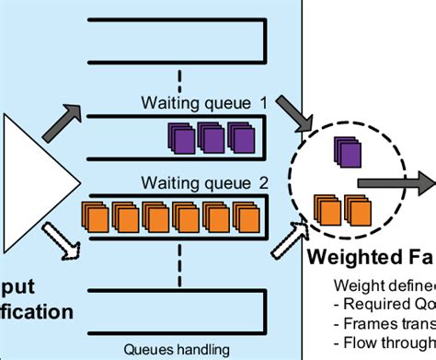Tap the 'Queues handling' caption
click(x=175, y=349)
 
